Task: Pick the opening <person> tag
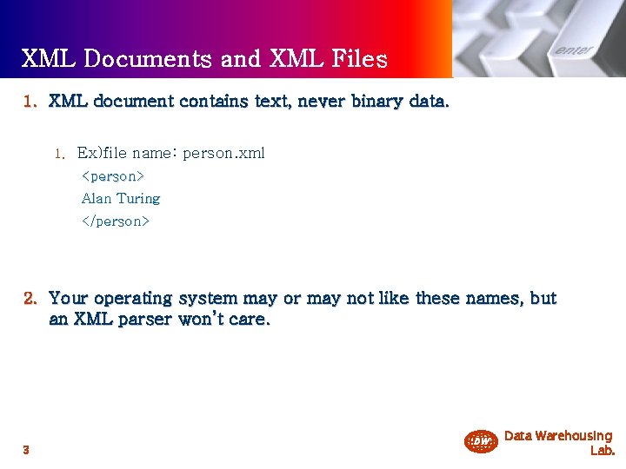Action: [x=113, y=176]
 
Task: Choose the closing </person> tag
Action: [x=116, y=221]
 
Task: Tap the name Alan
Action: [x=97, y=199]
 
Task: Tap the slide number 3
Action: [x=27, y=450]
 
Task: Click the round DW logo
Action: [x=480, y=442]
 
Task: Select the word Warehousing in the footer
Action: [x=574, y=436]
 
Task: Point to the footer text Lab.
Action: [x=602, y=451]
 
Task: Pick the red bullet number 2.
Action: [x=30, y=299]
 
